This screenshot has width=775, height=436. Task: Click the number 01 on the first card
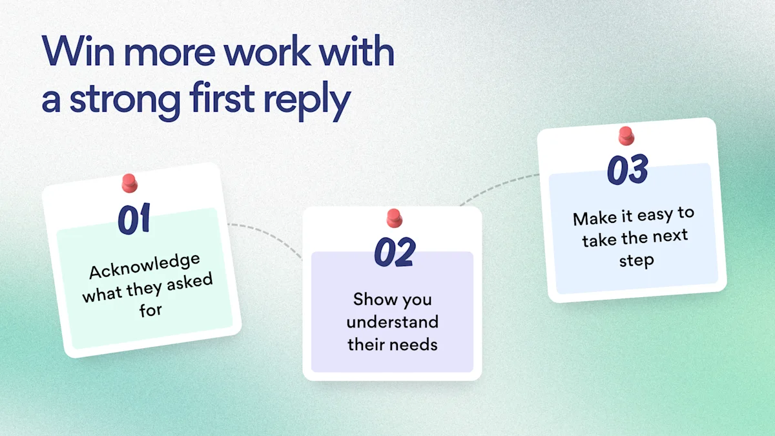pos(134,219)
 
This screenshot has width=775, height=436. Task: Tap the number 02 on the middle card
pos(395,251)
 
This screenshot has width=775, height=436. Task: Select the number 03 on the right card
pos(628,169)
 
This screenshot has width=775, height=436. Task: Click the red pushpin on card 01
pos(129,183)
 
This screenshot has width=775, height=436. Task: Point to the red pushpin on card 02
pos(394,218)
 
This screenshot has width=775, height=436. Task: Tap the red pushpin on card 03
pos(626,136)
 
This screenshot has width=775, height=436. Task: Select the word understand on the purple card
pos(393,322)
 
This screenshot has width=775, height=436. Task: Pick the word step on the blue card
pos(637,260)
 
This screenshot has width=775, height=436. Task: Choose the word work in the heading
pos(266,51)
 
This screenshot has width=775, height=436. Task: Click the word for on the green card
pos(150,309)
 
